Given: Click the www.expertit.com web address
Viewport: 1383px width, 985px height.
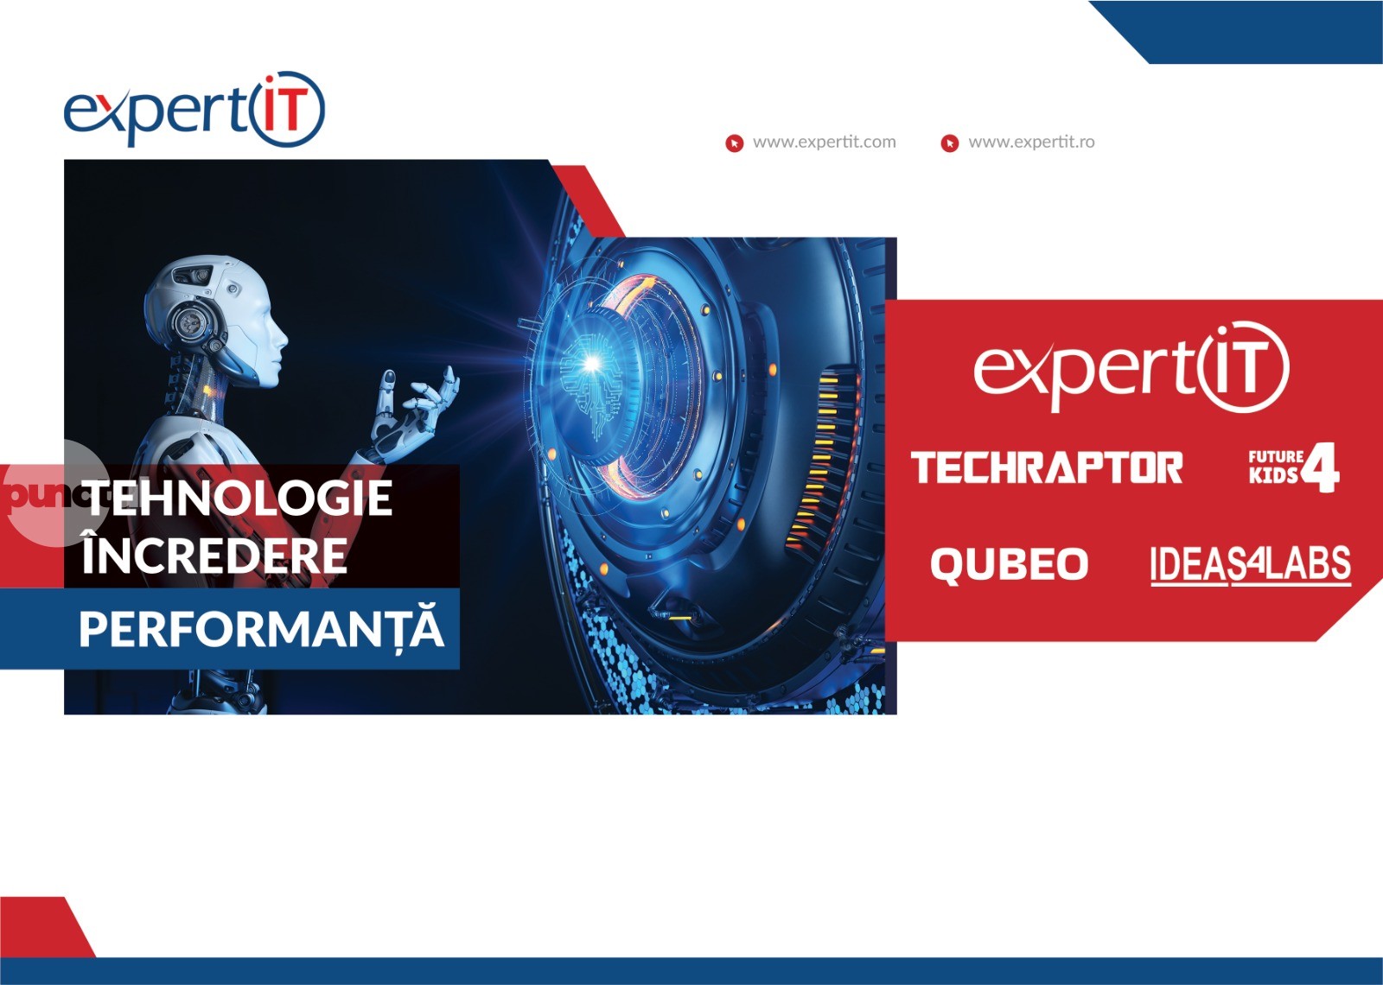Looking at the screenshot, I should (x=824, y=142).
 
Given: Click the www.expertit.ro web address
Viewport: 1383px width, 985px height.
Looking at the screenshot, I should (x=1030, y=142).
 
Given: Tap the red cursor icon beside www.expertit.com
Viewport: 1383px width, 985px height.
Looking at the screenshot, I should (x=735, y=143).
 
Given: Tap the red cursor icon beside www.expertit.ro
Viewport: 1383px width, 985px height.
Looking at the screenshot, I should (x=949, y=143).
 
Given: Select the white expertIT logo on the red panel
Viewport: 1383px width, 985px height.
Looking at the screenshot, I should (x=1131, y=369).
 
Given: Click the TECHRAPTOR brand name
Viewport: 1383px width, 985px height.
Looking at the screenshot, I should (x=1047, y=467).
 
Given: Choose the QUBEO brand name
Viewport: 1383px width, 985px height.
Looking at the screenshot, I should (x=1009, y=565).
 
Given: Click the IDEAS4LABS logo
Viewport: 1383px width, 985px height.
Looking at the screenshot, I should (x=1250, y=565).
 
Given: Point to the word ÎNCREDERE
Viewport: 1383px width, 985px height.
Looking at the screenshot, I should (x=214, y=556).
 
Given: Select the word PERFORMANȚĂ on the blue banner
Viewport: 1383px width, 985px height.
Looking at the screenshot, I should (x=261, y=629).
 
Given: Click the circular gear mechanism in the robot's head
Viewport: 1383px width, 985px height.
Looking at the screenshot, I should (x=188, y=323).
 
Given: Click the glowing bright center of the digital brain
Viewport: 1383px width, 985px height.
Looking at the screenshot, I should (x=592, y=364).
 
